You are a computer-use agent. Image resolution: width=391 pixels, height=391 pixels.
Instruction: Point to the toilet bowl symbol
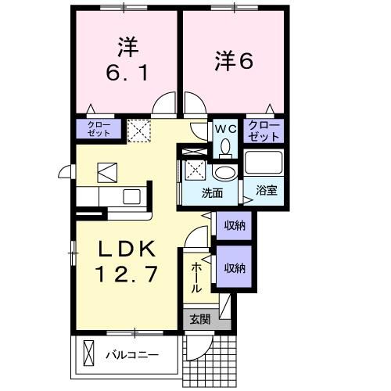coord(226,145)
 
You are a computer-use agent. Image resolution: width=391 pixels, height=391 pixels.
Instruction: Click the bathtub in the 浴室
coord(264,163)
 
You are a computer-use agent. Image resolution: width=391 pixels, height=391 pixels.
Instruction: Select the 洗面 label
coord(213,192)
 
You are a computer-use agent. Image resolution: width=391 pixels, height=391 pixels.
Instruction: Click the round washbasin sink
coord(225,173)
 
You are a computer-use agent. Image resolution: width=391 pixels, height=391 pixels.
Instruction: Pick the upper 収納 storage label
coord(235,226)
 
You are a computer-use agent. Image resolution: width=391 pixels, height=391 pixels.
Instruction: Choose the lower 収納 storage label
coord(235,267)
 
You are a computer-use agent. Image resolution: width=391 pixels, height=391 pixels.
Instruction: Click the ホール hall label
coord(196,277)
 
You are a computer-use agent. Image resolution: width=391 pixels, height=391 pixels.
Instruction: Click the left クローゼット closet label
coord(99,128)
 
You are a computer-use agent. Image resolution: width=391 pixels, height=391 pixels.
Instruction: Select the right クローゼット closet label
coord(264,131)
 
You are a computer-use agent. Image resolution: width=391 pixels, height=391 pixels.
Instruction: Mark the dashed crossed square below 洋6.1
coord(139,129)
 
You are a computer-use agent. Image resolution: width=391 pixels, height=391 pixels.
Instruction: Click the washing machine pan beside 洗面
coord(192,170)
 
